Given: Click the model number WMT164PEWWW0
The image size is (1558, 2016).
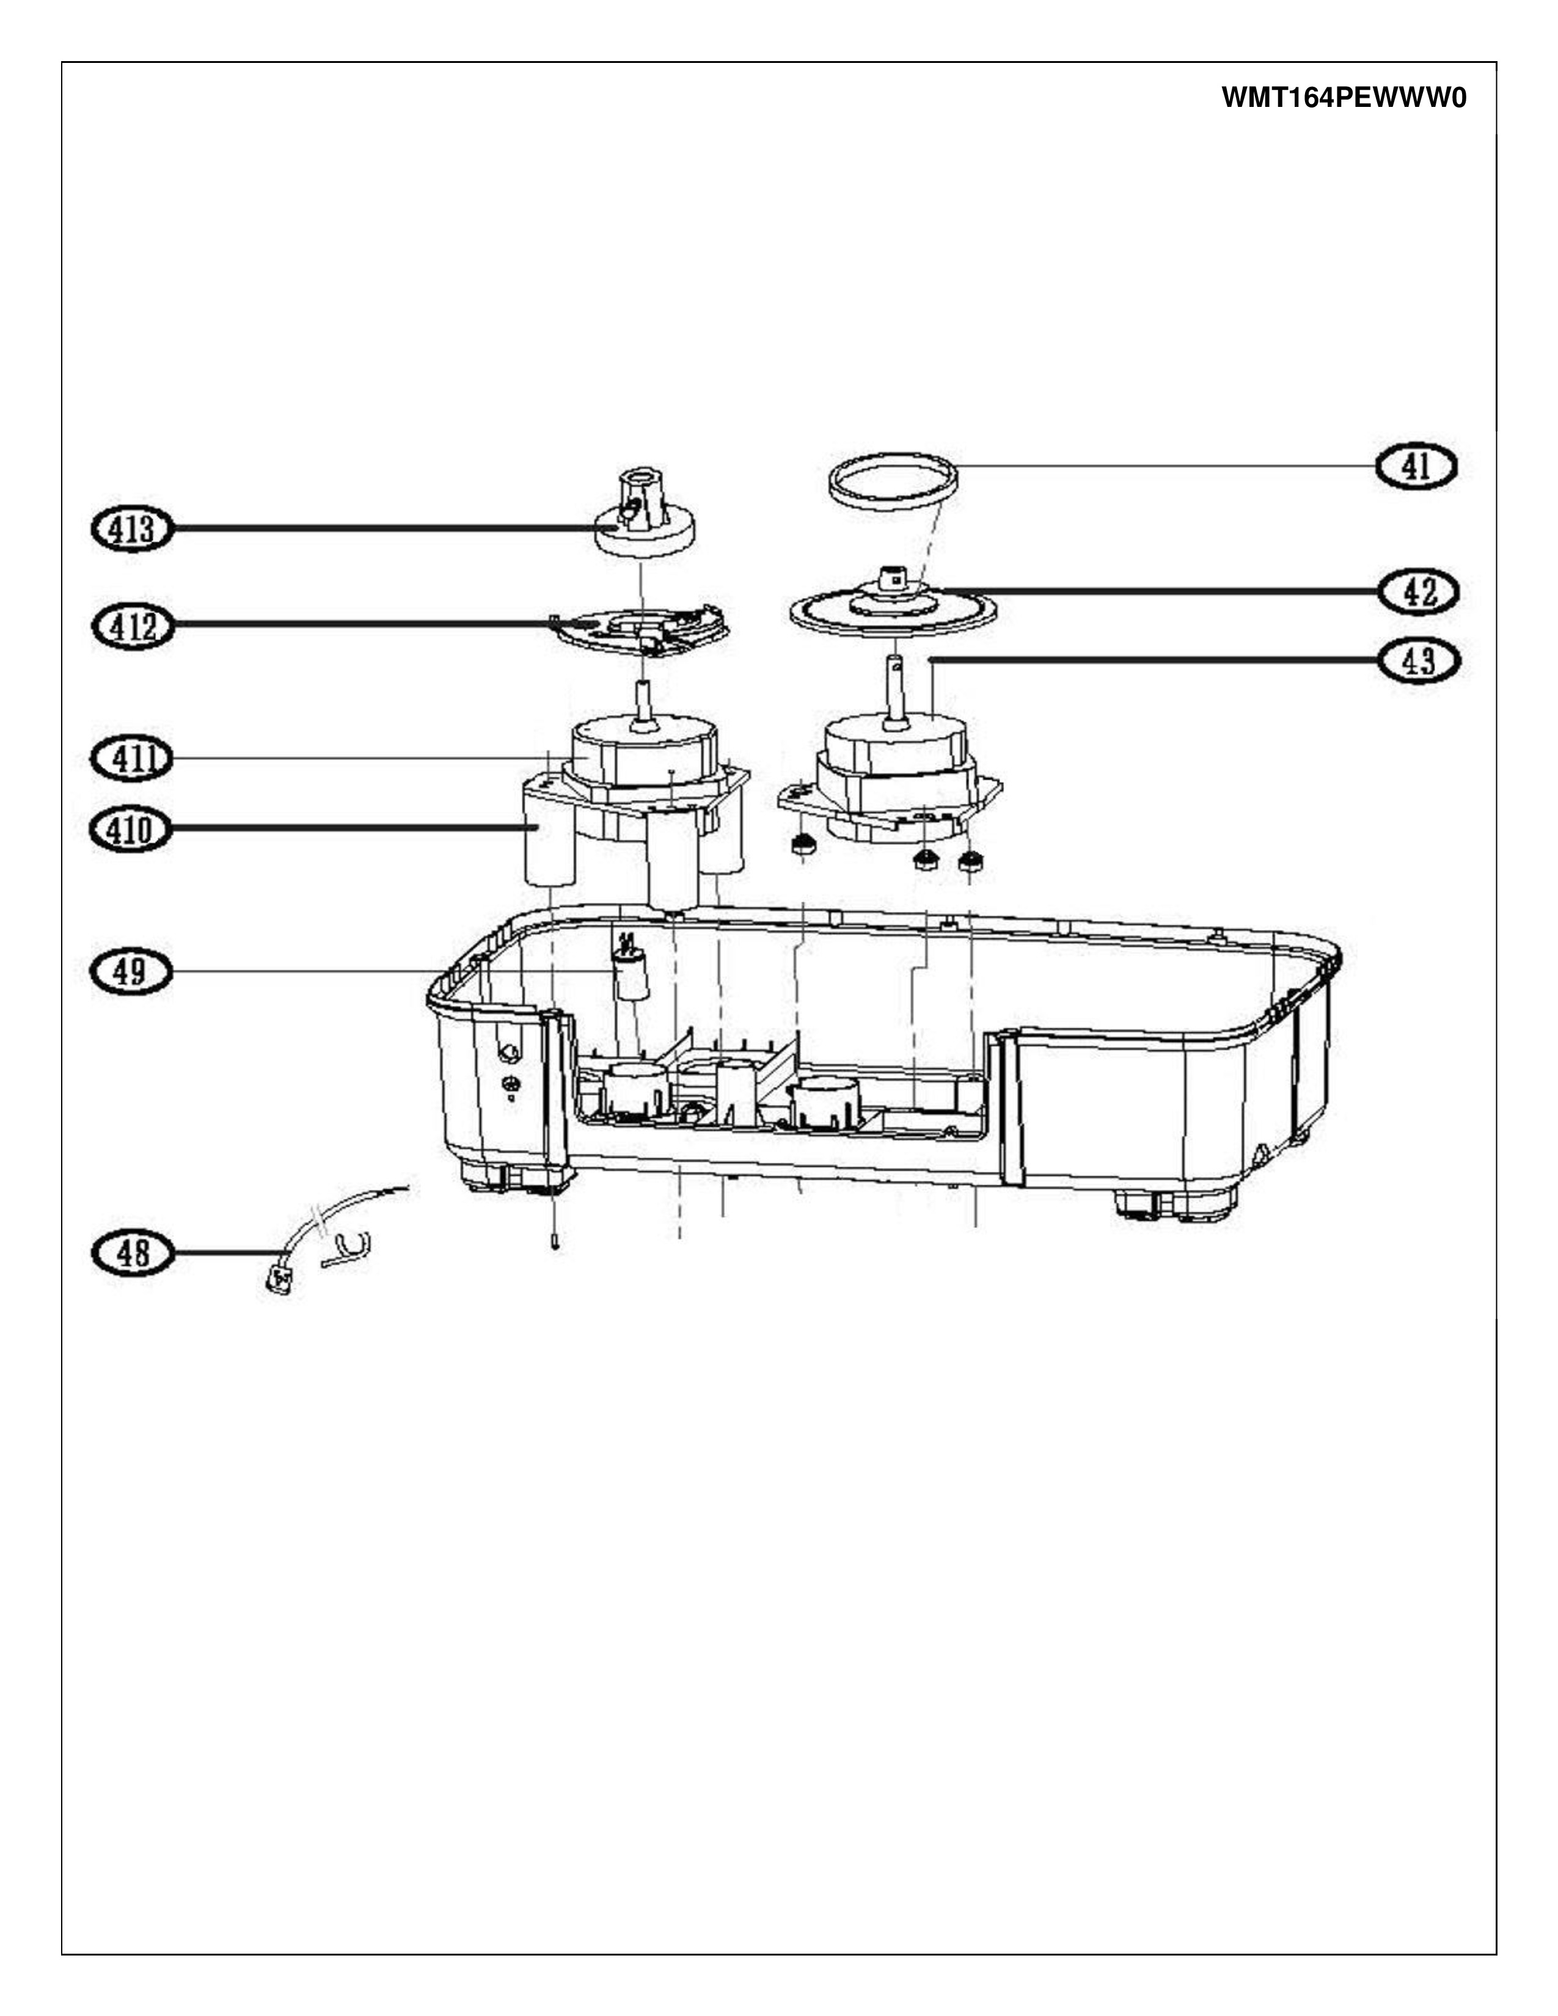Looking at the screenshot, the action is tap(1344, 98).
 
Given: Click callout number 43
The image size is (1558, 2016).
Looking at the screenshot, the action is tap(1419, 661).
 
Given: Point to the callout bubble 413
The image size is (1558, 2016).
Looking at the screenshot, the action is tap(132, 530).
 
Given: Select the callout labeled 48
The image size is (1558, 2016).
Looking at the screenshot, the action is tap(132, 1252).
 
